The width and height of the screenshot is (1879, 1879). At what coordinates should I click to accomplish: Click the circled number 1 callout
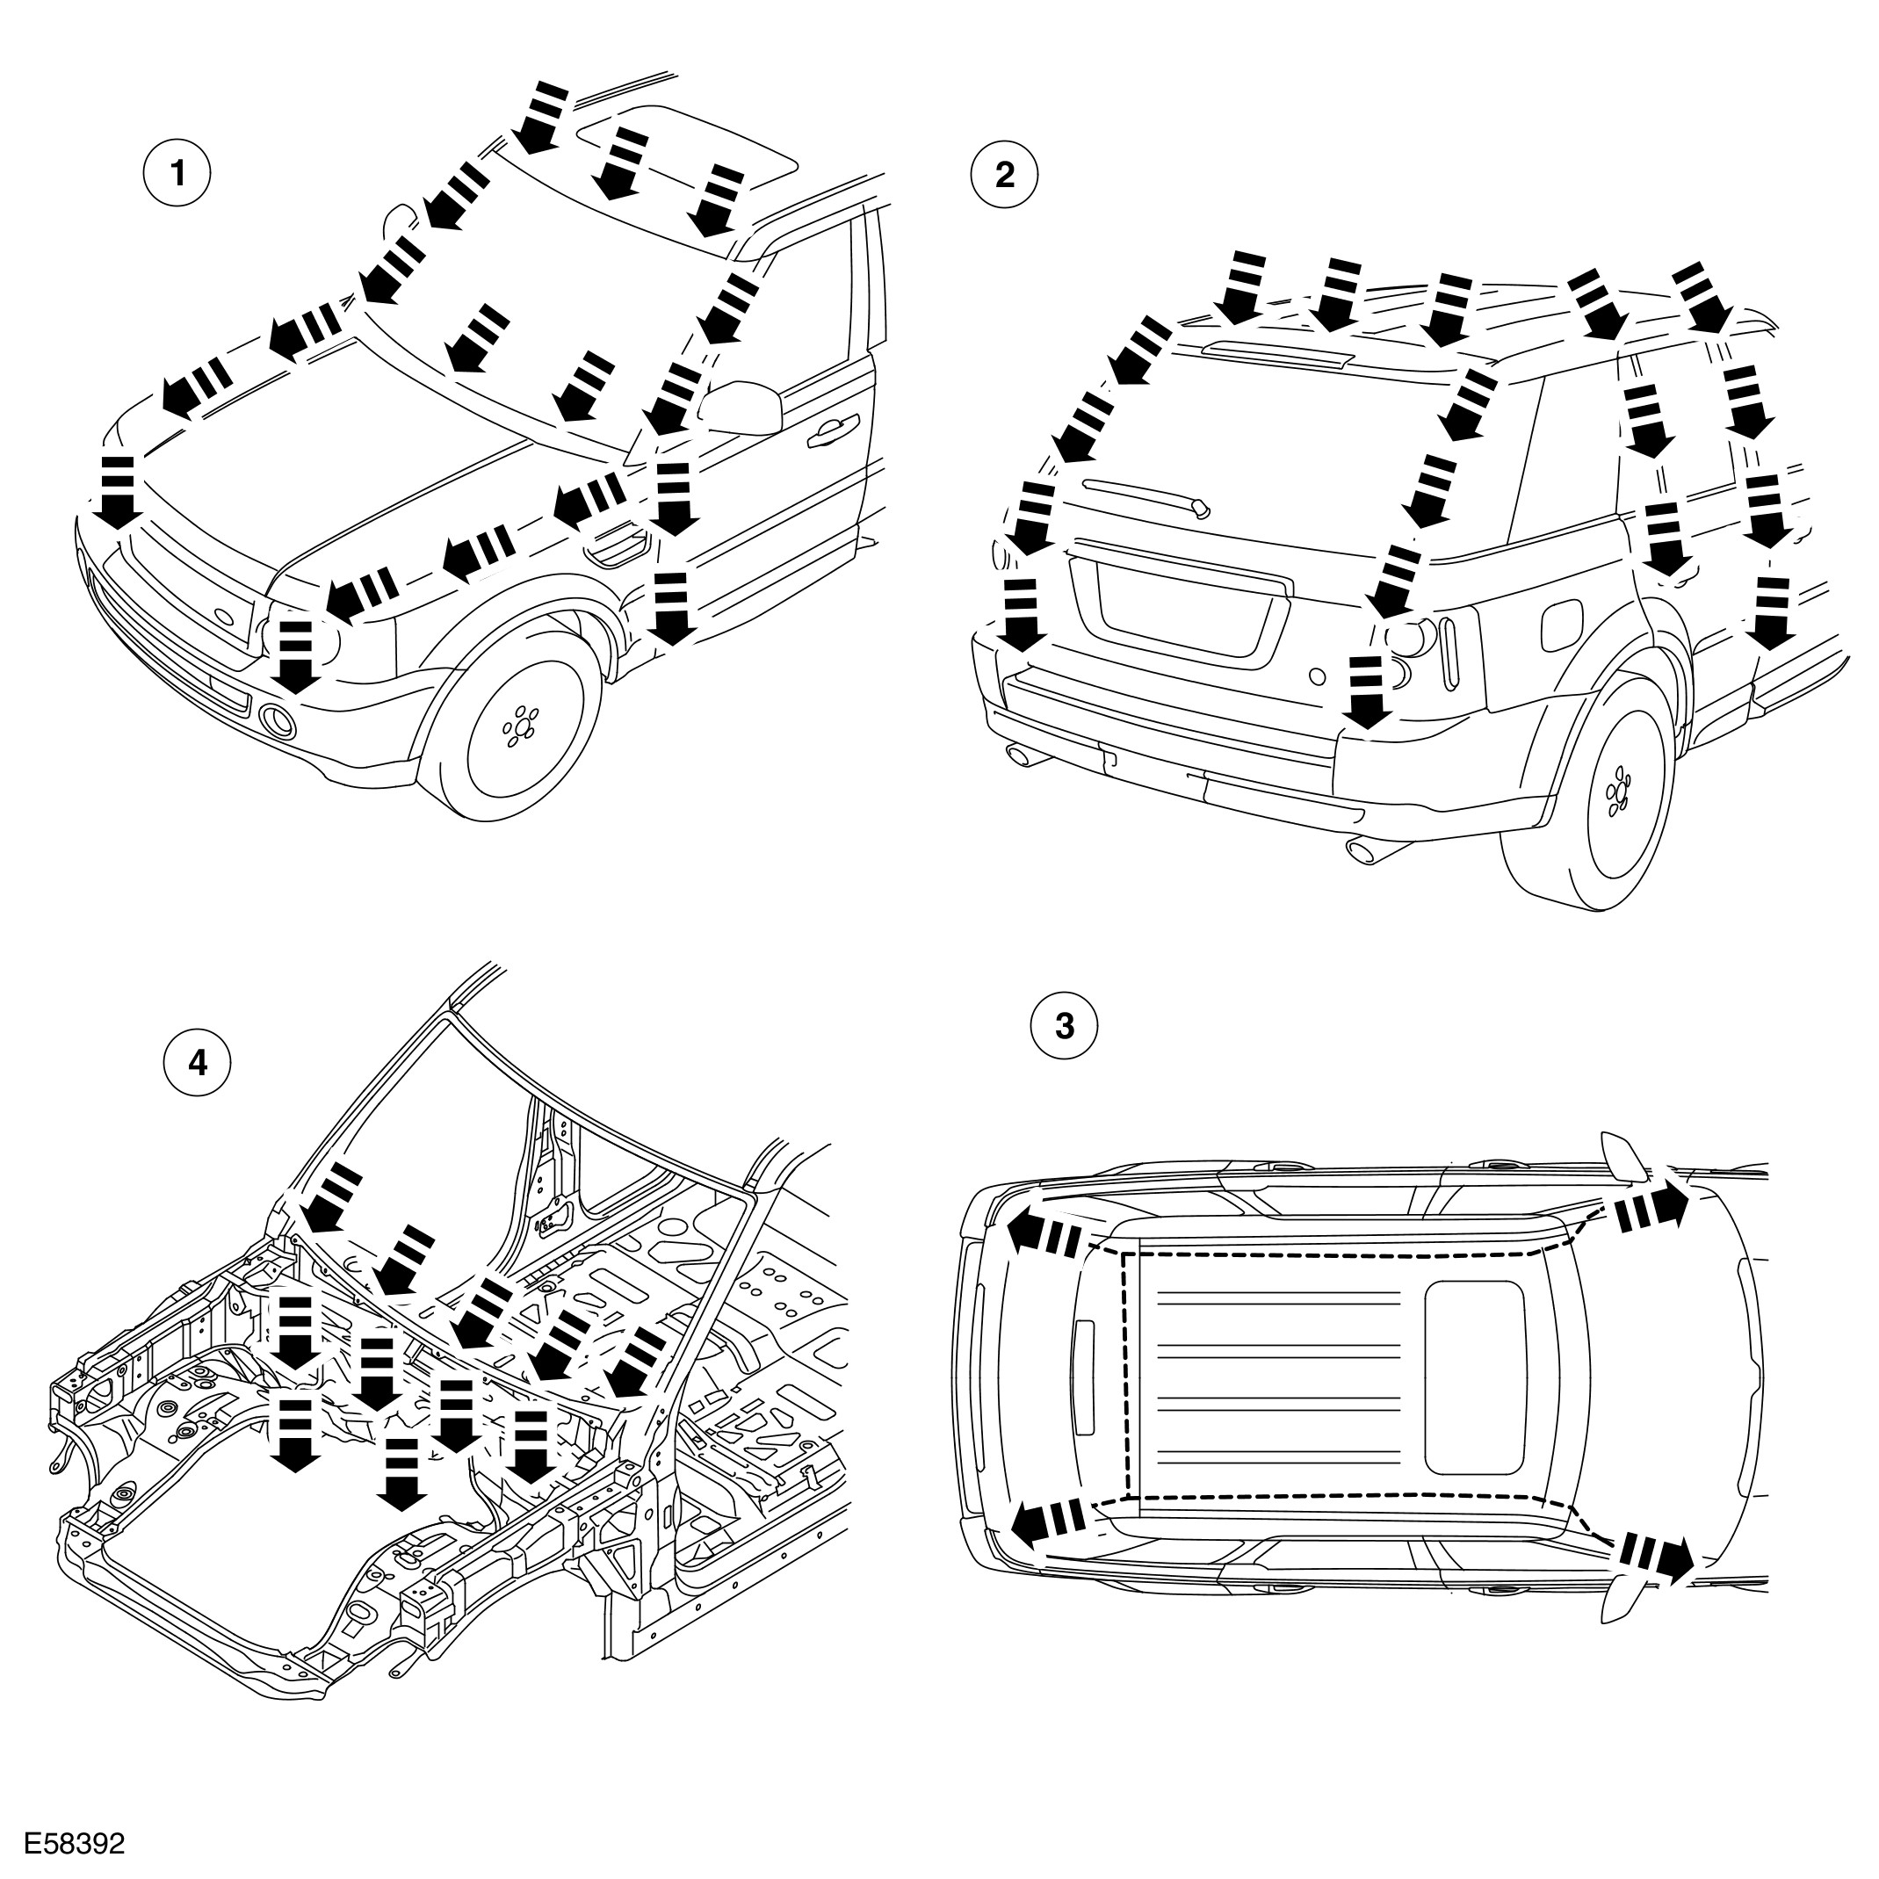coord(177,174)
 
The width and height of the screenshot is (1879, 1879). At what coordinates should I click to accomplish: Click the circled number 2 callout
coord(1005,174)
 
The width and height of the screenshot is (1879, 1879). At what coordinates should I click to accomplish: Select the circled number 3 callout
coord(1065,1025)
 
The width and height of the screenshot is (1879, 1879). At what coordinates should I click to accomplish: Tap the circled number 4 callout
coord(199,1063)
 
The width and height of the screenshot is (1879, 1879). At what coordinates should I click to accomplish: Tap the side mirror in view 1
coord(744,408)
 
